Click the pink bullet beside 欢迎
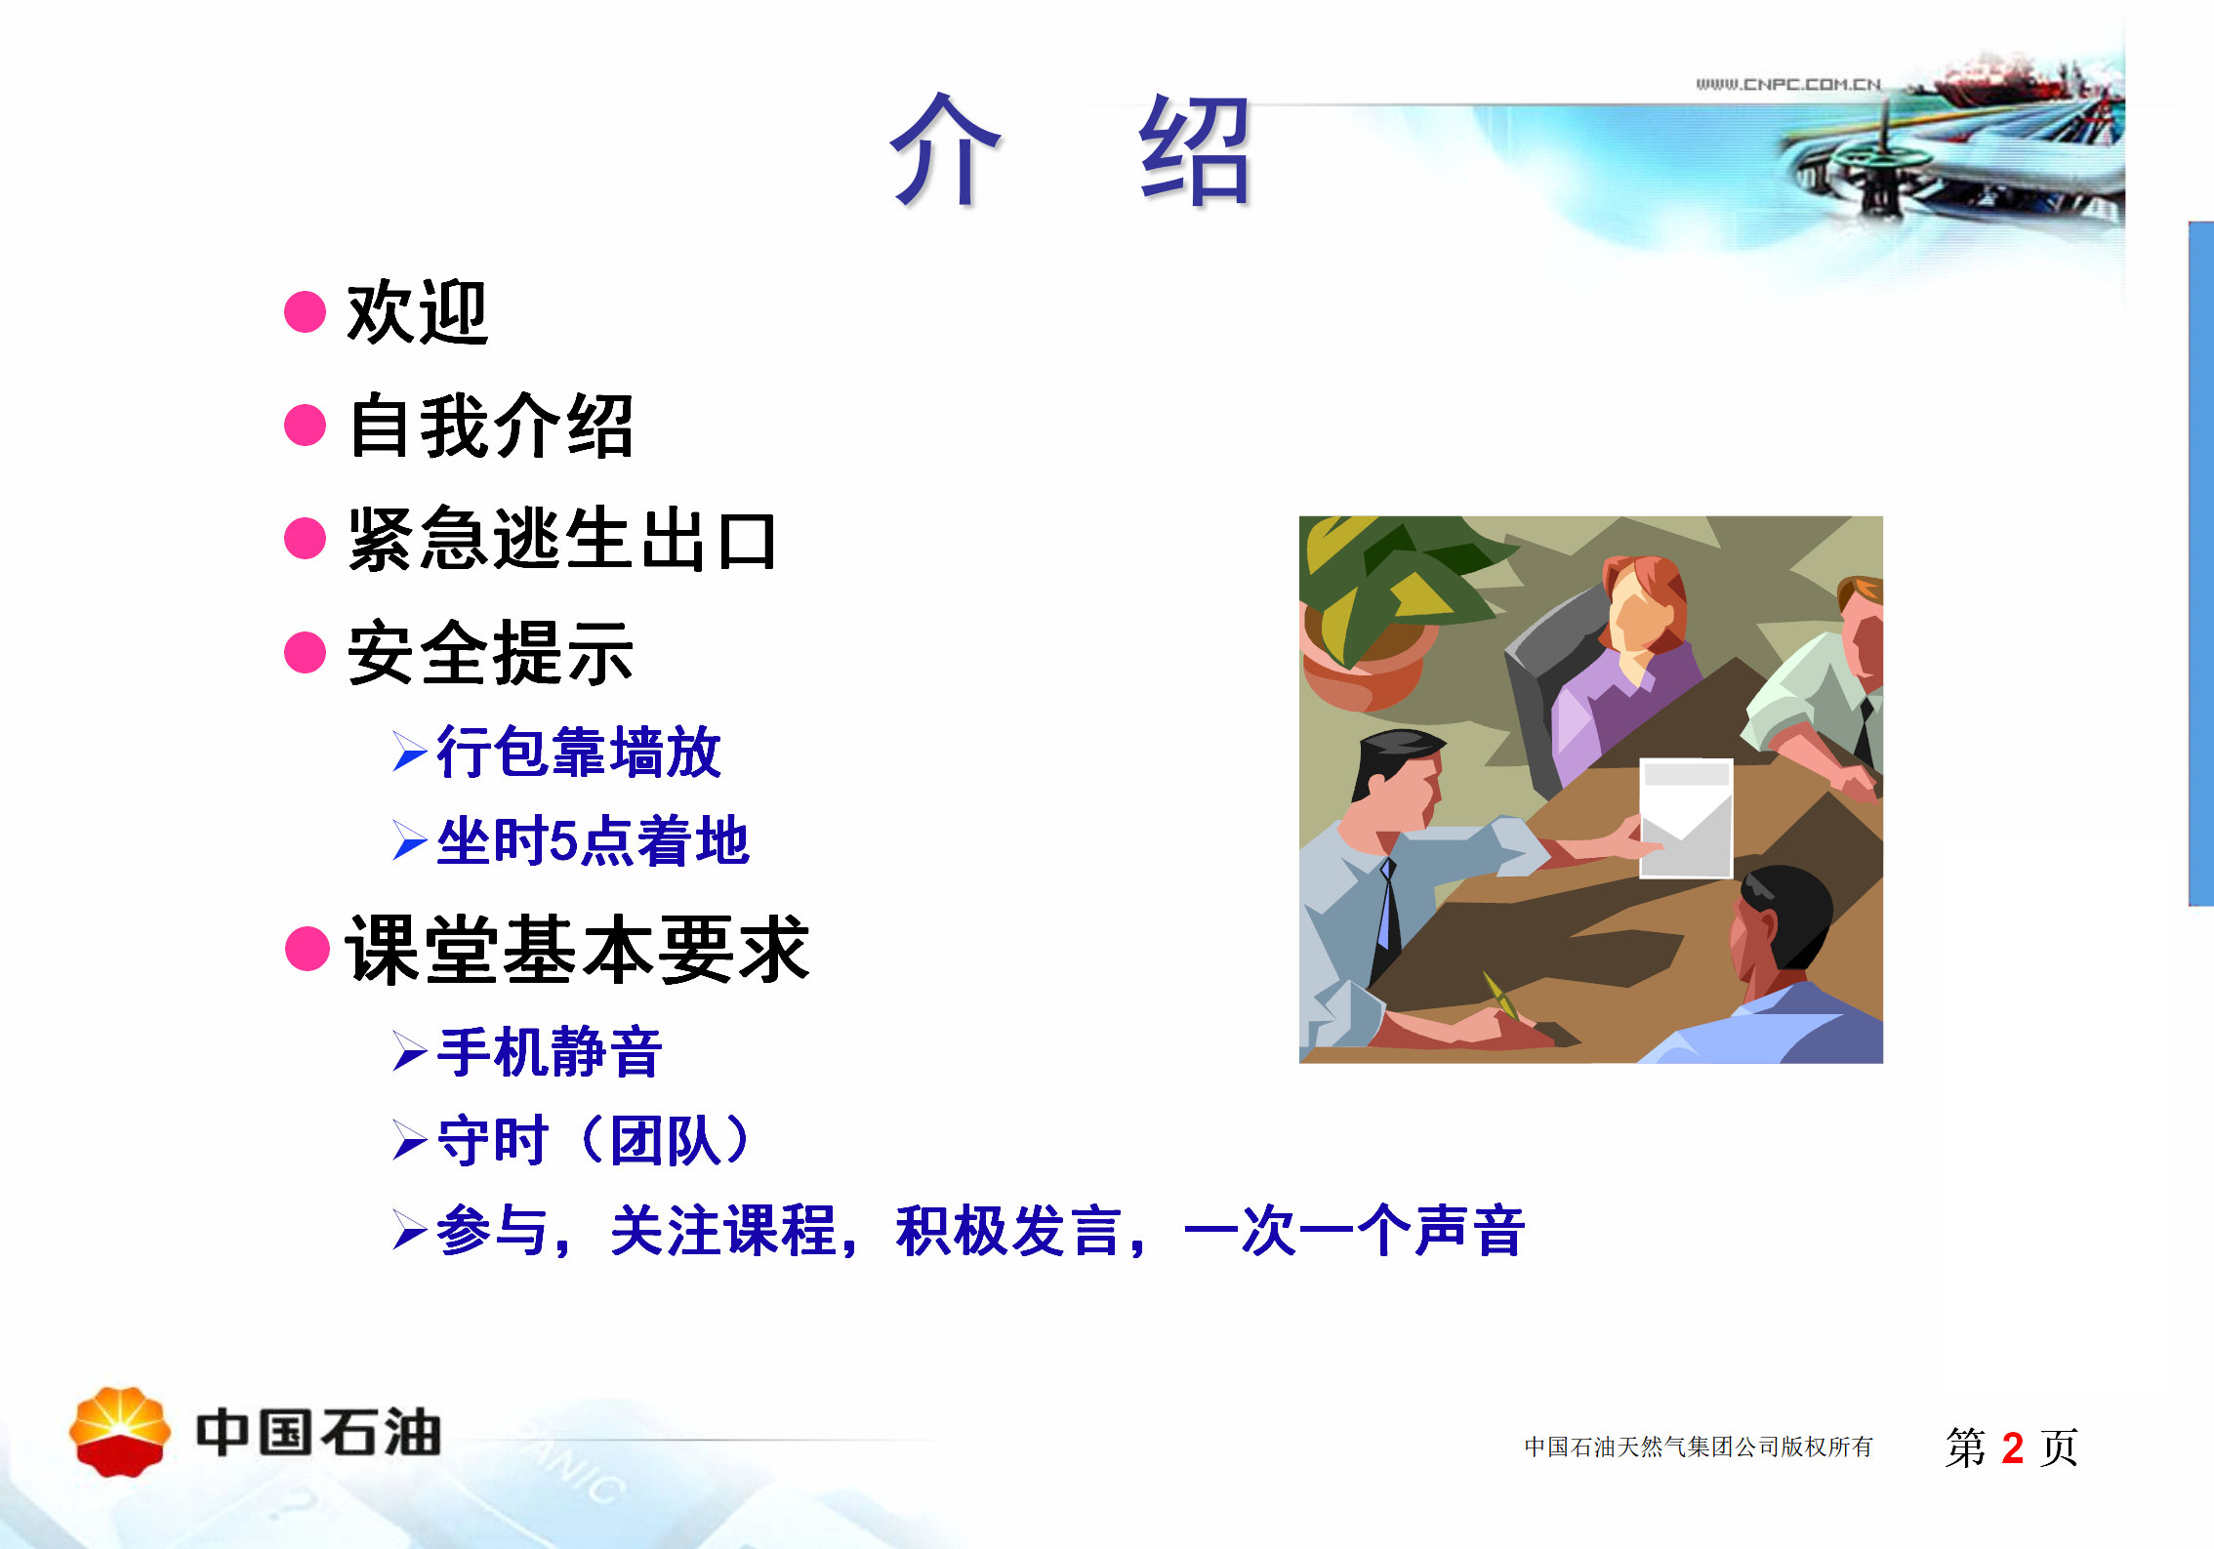pyautogui.click(x=305, y=312)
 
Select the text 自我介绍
pyautogui.click(x=491, y=426)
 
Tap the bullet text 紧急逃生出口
pyautogui.click(x=562, y=539)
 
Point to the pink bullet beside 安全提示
pyautogui.click(x=305, y=652)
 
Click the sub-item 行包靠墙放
pyautogui.click(x=579, y=752)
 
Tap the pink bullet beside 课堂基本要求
pyautogui.click(x=307, y=949)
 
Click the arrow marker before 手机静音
pyautogui.click(x=409, y=1052)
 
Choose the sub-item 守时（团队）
pyautogui.click(x=594, y=1140)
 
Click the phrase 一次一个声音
pyautogui.click(x=1353, y=1231)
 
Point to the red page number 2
pyautogui.click(x=2012, y=1447)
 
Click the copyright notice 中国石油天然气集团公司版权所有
pyautogui.click(x=1699, y=1447)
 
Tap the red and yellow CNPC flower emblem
pyautogui.click(x=120, y=1432)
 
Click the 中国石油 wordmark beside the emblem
pyautogui.click(x=319, y=1433)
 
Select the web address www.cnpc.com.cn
pyautogui.click(x=1787, y=84)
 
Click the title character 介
pyautogui.click(x=945, y=149)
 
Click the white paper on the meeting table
pyautogui.click(x=1686, y=818)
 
